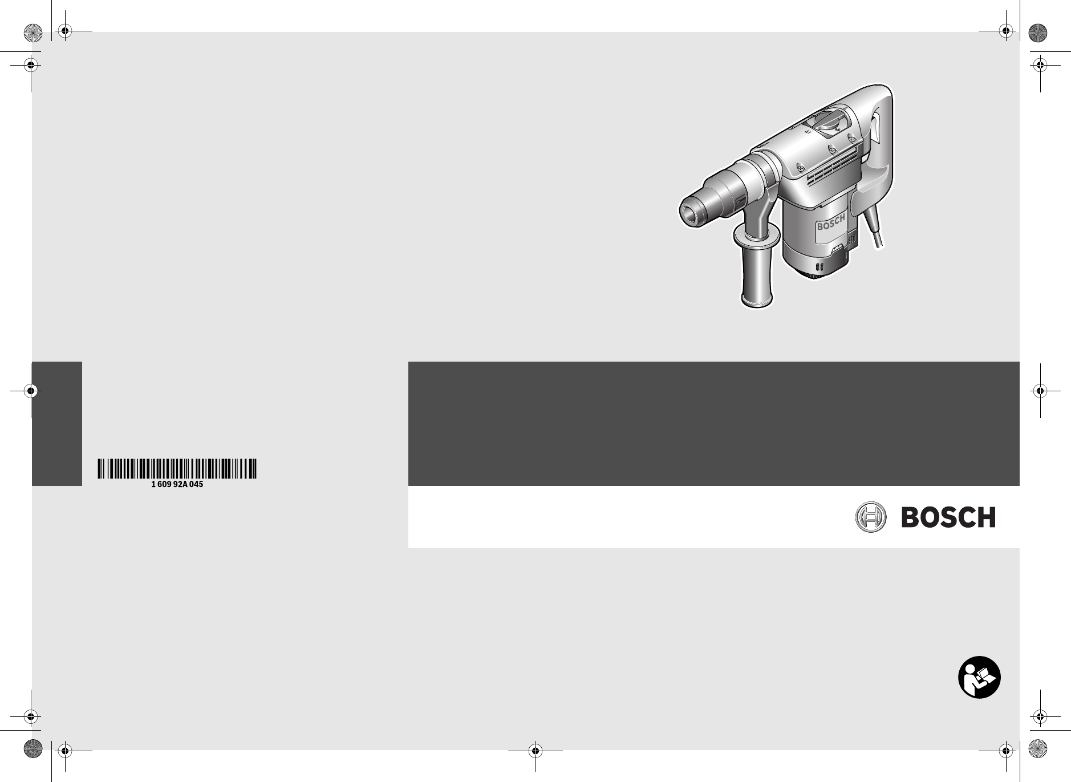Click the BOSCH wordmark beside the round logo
(948, 517)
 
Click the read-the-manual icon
(979, 678)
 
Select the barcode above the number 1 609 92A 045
(177, 468)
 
